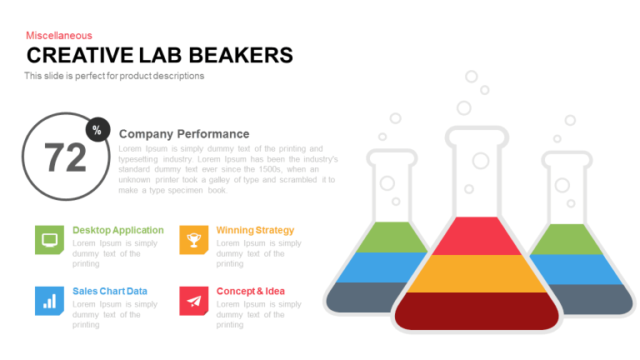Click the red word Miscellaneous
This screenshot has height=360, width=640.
59,36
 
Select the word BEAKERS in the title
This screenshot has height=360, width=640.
241,56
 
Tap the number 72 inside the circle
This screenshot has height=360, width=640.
65,157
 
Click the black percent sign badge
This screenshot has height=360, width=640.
98,130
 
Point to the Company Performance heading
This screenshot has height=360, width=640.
184,134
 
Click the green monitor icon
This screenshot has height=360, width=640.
49,240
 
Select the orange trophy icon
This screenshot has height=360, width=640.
194,240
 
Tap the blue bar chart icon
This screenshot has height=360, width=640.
49,301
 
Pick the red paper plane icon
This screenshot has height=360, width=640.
194,301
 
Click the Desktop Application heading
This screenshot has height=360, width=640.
118,230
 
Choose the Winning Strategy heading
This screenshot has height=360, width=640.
255,230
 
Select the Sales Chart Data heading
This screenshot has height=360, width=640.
110,292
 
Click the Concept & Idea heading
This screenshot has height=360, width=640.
251,292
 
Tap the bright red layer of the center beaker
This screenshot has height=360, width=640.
477,237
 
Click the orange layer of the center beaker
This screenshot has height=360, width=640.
477,274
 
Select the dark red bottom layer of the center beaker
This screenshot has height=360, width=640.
477,311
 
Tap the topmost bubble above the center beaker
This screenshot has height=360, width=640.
472,77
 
